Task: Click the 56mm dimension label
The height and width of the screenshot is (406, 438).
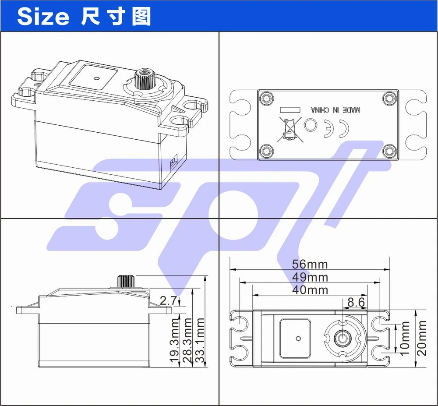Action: coord(310,264)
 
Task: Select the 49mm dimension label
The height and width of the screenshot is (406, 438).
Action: coord(310,277)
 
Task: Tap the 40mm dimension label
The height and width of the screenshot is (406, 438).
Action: coord(310,290)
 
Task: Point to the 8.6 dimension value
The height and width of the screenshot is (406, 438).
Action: coord(356,302)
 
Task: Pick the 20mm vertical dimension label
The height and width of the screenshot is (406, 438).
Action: coord(421,338)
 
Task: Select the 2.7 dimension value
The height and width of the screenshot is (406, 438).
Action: coord(168,300)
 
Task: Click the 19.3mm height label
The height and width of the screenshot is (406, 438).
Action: coord(175,341)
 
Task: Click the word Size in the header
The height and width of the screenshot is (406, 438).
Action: coord(43,17)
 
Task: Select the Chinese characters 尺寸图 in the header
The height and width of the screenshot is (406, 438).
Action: coord(116,17)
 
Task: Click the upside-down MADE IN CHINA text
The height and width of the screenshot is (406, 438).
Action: coord(335,109)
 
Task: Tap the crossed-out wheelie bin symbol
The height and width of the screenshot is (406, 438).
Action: coord(288,130)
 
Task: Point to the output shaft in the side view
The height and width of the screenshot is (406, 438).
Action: coord(125,281)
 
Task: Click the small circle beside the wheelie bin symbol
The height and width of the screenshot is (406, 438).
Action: coord(311,126)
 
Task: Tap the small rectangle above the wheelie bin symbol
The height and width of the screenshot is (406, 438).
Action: coord(289,109)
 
